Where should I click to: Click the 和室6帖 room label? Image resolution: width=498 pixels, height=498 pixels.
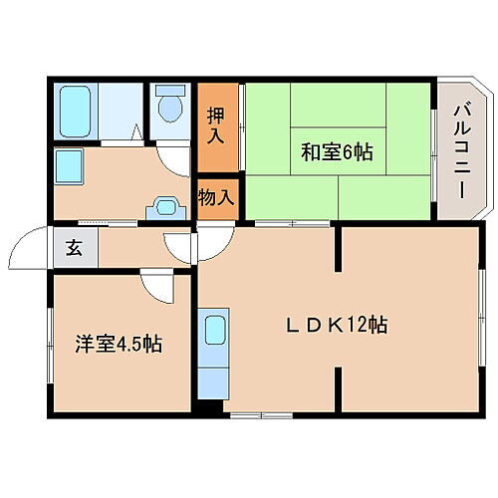[x=337, y=152]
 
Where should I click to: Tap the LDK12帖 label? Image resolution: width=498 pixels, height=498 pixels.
[x=338, y=324]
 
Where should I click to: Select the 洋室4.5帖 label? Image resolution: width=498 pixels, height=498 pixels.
[x=119, y=346]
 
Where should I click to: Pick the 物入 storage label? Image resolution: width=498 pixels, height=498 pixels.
[x=216, y=195]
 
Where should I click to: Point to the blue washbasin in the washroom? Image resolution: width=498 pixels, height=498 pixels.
[x=162, y=209]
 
